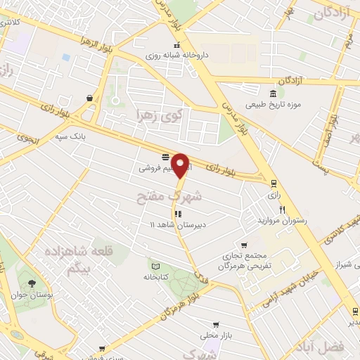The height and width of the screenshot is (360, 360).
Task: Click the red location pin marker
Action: coord(181,165)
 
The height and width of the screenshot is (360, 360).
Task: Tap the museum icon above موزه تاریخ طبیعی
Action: coord(274,94)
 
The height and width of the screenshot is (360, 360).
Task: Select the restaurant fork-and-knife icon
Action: coord(282,209)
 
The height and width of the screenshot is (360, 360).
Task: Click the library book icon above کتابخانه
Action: coord(156,266)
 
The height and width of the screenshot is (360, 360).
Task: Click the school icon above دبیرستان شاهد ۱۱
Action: coord(177,213)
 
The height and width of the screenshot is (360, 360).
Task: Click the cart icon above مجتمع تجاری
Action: coord(244,245)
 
